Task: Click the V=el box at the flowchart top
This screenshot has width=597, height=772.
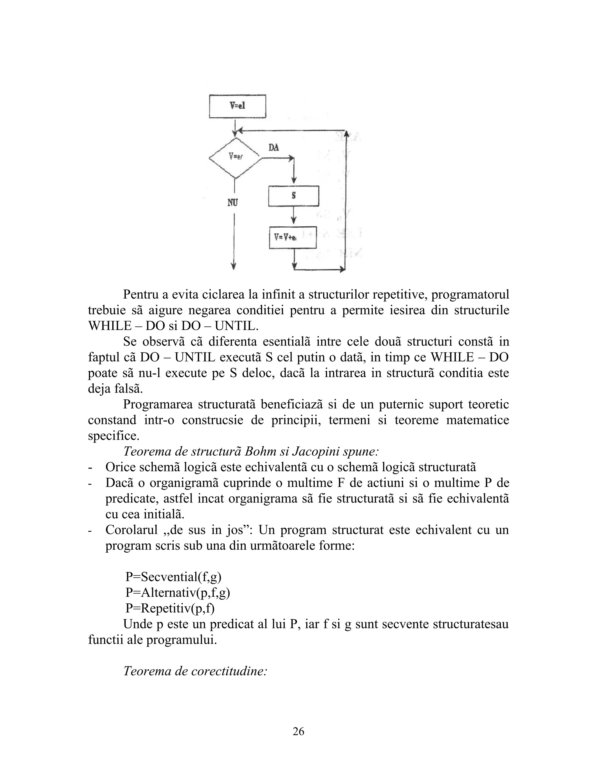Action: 237,106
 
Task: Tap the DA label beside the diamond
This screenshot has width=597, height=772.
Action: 273,147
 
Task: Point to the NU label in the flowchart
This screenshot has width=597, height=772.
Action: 232,202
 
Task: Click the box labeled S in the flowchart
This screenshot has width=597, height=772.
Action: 294,196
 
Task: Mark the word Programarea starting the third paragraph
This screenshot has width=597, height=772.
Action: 158,404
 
